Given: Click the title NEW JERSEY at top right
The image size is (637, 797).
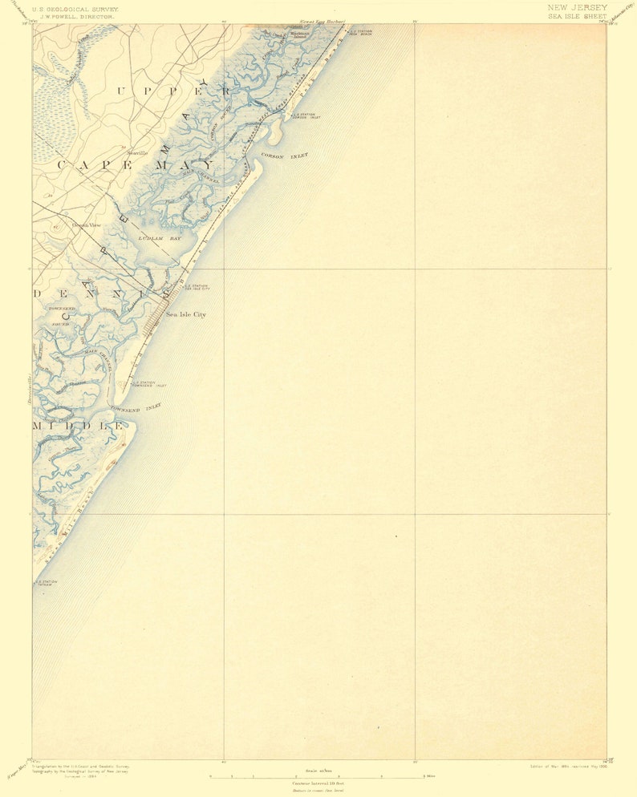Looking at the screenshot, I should pyautogui.click(x=577, y=7).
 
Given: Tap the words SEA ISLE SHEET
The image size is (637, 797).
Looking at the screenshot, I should pyautogui.click(x=577, y=16).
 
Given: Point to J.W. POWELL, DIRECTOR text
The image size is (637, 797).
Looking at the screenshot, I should pyautogui.click(x=74, y=16).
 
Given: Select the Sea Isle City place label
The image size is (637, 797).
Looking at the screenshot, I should pyautogui.click(x=186, y=314).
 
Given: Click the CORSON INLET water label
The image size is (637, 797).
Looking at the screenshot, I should pyautogui.click(x=284, y=157).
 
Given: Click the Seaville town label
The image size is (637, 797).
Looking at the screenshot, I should pyautogui.click(x=137, y=152).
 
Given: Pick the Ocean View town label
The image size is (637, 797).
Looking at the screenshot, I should pyautogui.click(x=87, y=225).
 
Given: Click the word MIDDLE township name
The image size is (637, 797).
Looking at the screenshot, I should pyautogui.click(x=79, y=426).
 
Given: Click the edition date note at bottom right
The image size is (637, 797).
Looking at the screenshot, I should pyautogui.click(x=568, y=767).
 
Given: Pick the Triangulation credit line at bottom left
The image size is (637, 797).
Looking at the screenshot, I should pyautogui.click(x=80, y=767).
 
